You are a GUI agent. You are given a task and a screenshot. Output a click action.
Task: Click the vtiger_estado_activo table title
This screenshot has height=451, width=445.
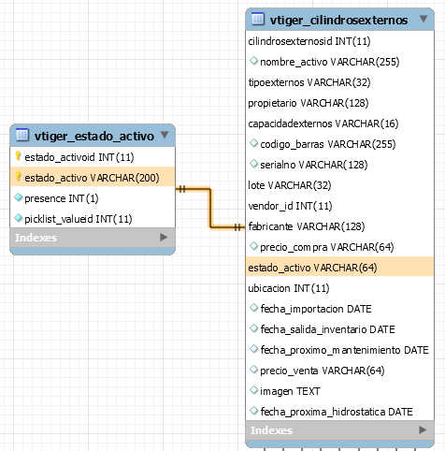94,137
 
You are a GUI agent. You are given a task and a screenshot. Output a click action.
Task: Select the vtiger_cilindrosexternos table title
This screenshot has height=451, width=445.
338,21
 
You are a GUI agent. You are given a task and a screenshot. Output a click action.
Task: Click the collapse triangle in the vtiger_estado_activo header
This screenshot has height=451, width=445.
165,135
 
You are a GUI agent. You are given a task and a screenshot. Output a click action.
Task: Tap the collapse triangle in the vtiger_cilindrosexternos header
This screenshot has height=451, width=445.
423,19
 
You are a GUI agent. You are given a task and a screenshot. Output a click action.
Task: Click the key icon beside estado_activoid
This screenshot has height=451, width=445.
18,156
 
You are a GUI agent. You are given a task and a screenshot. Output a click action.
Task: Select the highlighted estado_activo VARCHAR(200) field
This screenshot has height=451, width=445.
92,178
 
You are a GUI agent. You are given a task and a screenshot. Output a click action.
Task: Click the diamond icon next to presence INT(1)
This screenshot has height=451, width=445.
19,197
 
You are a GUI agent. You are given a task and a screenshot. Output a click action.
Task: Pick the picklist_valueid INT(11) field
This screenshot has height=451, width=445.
79,219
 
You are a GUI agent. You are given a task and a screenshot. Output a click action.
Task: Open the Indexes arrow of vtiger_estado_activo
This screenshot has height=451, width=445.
164,238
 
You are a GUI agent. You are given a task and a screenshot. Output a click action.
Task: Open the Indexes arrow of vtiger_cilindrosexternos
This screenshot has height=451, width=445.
423,430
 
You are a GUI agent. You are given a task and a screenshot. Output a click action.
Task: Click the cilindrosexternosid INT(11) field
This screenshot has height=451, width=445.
309,41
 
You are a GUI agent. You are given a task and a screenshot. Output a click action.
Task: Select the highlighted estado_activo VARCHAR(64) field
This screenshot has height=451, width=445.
312,268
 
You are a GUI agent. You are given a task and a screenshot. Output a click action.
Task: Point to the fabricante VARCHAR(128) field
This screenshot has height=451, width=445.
307,226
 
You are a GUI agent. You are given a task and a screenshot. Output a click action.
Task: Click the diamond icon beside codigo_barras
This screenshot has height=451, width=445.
254,143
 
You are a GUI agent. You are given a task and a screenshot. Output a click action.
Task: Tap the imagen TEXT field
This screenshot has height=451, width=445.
290,391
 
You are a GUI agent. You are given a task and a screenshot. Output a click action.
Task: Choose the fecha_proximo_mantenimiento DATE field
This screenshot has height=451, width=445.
344,350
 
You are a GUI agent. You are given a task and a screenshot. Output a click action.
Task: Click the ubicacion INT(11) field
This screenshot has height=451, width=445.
289,288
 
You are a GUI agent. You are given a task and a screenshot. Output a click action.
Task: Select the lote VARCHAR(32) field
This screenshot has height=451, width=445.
290,185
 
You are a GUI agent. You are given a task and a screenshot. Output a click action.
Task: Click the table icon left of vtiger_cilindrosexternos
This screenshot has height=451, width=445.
258,19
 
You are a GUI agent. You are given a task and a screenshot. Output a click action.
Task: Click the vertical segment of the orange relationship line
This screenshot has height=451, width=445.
210,208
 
